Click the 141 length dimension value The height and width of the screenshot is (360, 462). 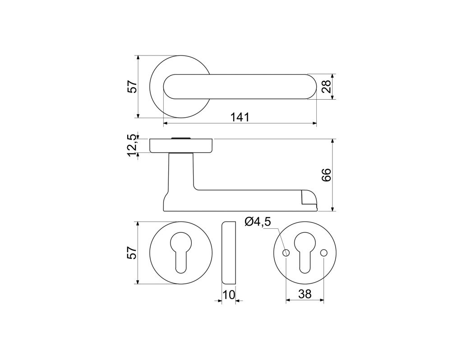240,117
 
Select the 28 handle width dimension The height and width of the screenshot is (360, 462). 327,87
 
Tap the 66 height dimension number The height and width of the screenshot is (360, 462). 327,175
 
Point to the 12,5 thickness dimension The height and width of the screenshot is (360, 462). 133,145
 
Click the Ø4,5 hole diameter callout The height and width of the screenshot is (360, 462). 258,222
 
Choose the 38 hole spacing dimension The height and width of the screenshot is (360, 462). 305,294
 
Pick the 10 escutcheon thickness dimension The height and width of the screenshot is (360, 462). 229,295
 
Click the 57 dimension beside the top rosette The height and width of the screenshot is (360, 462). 133,87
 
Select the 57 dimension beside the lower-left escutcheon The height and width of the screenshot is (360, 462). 133,253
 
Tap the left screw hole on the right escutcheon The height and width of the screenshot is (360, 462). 286,253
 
